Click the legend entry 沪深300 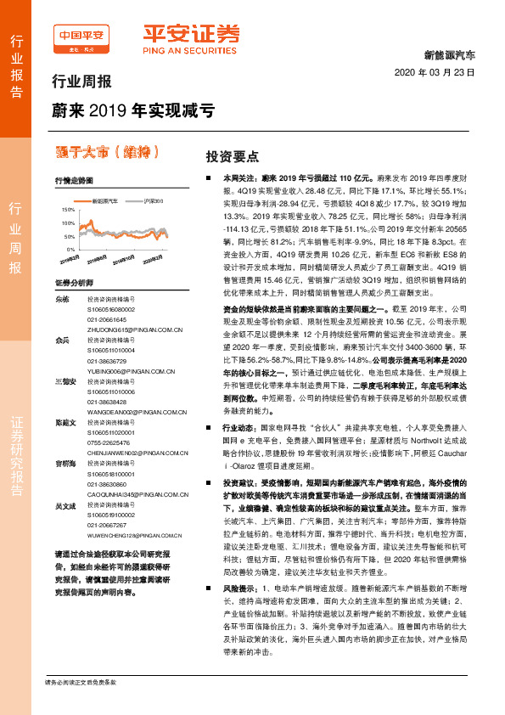point(153,201)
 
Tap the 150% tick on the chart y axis point(68,208)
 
